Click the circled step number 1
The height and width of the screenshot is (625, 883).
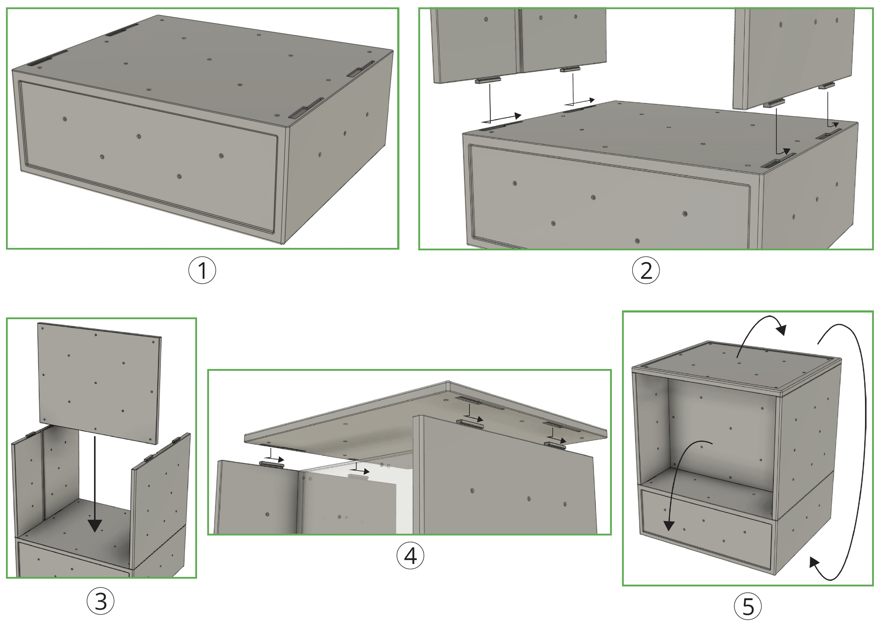[202, 270]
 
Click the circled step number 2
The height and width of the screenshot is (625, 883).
[646, 270]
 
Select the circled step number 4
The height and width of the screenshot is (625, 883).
[410, 556]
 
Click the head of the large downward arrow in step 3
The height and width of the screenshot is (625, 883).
[95, 525]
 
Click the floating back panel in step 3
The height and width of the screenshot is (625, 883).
[99, 383]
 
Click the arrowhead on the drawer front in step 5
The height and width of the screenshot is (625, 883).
[669, 526]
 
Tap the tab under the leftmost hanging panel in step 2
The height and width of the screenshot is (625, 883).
[488, 80]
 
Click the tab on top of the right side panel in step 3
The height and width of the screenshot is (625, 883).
[176, 440]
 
